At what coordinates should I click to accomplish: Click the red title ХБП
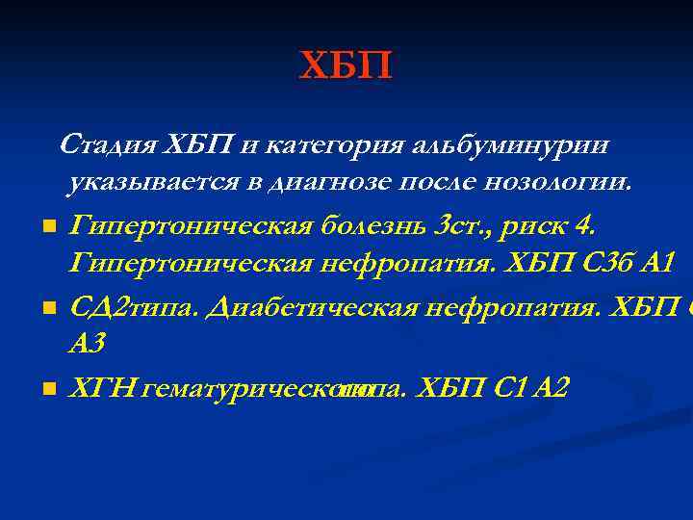(x=346, y=66)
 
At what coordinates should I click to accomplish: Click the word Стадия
(x=109, y=145)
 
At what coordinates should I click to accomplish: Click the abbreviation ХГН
(x=103, y=388)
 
